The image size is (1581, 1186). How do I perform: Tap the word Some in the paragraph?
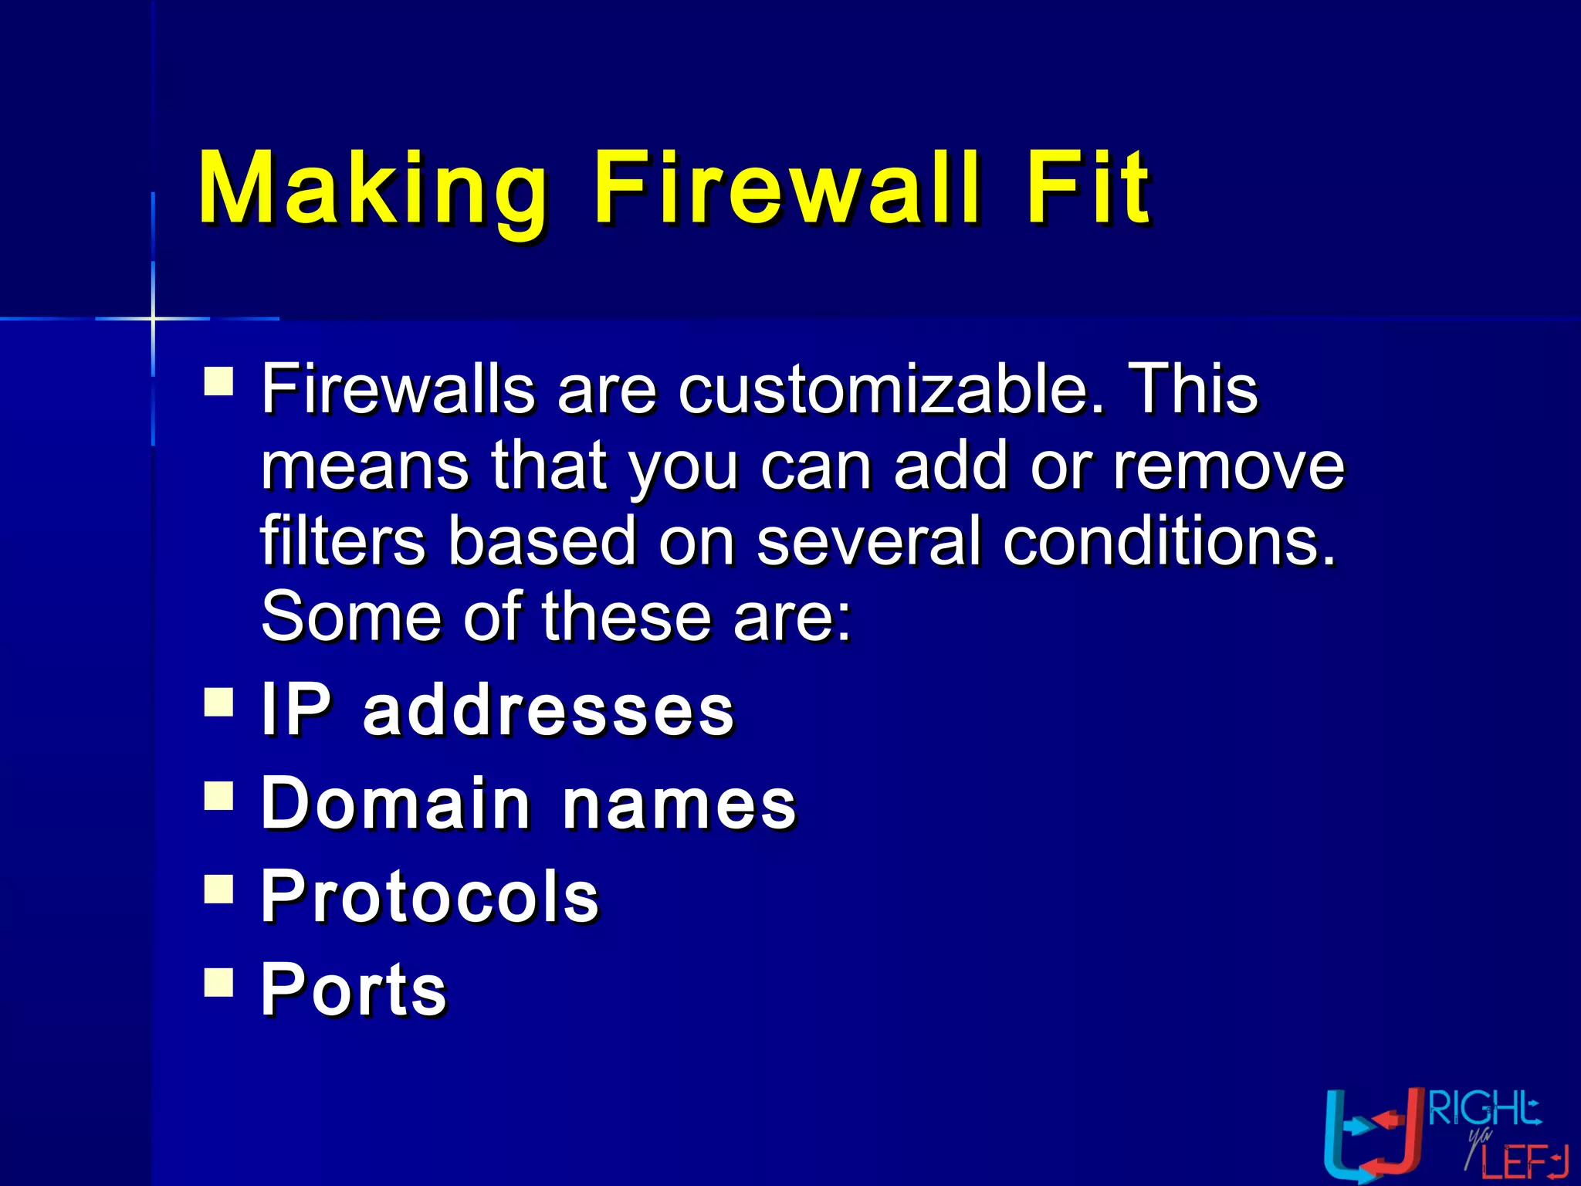pos(351,616)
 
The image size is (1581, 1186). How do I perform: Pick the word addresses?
pos(549,710)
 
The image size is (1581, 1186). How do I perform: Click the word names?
pos(679,805)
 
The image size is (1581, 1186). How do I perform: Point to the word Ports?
pos(354,990)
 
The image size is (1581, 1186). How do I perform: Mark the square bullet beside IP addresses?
pos(219,702)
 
